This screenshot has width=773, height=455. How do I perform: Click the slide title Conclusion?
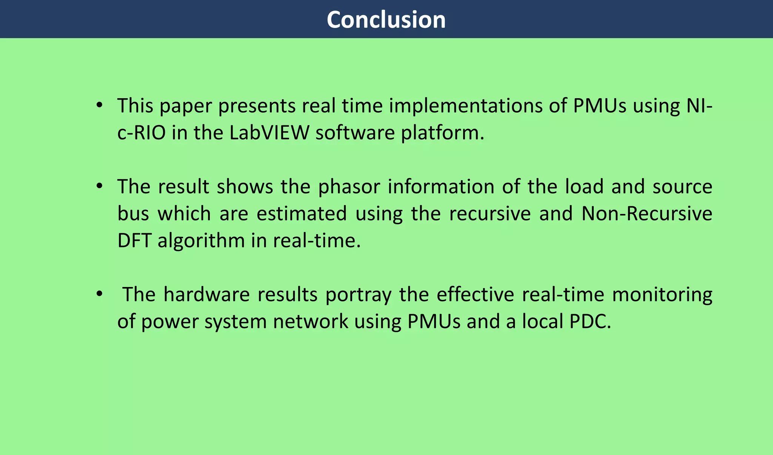[x=386, y=20]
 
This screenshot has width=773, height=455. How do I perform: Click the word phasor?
[x=349, y=187]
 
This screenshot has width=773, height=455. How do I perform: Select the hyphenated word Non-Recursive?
[x=647, y=214]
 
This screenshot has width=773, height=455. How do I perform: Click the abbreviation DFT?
[x=134, y=241]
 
